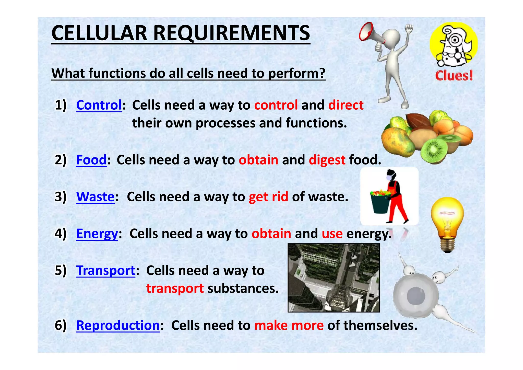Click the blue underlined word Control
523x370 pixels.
pyautogui.click(x=99, y=105)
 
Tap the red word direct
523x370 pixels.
pyautogui.click(x=346, y=105)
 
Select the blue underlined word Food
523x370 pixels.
pyautogui.click(x=91, y=160)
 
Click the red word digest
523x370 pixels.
pyautogui.click(x=327, y=160)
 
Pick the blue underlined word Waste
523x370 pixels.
pyautogui.click(x=95, y=197)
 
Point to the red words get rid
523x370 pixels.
pyautogui.click(x=268, y=197)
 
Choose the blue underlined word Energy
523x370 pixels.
pyautogui.click(x=97, y=234)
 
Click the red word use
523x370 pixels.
pyautogui.click(x=332, y=234)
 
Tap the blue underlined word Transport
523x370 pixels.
pyautogui.click(x=106, y=270)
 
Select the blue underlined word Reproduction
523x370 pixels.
pyautogui.click(x=118, y=325)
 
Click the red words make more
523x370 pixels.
pyautogui.click(x=289, y=325)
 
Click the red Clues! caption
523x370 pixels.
pyautogui.click(x=454, y=76)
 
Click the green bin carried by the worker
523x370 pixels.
pyautogui.click(x=380, y=203)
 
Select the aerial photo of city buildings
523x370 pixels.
pyautogui.click(x=334, y=278)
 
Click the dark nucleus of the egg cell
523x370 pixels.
pyautogui.click(x=415, y=296)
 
